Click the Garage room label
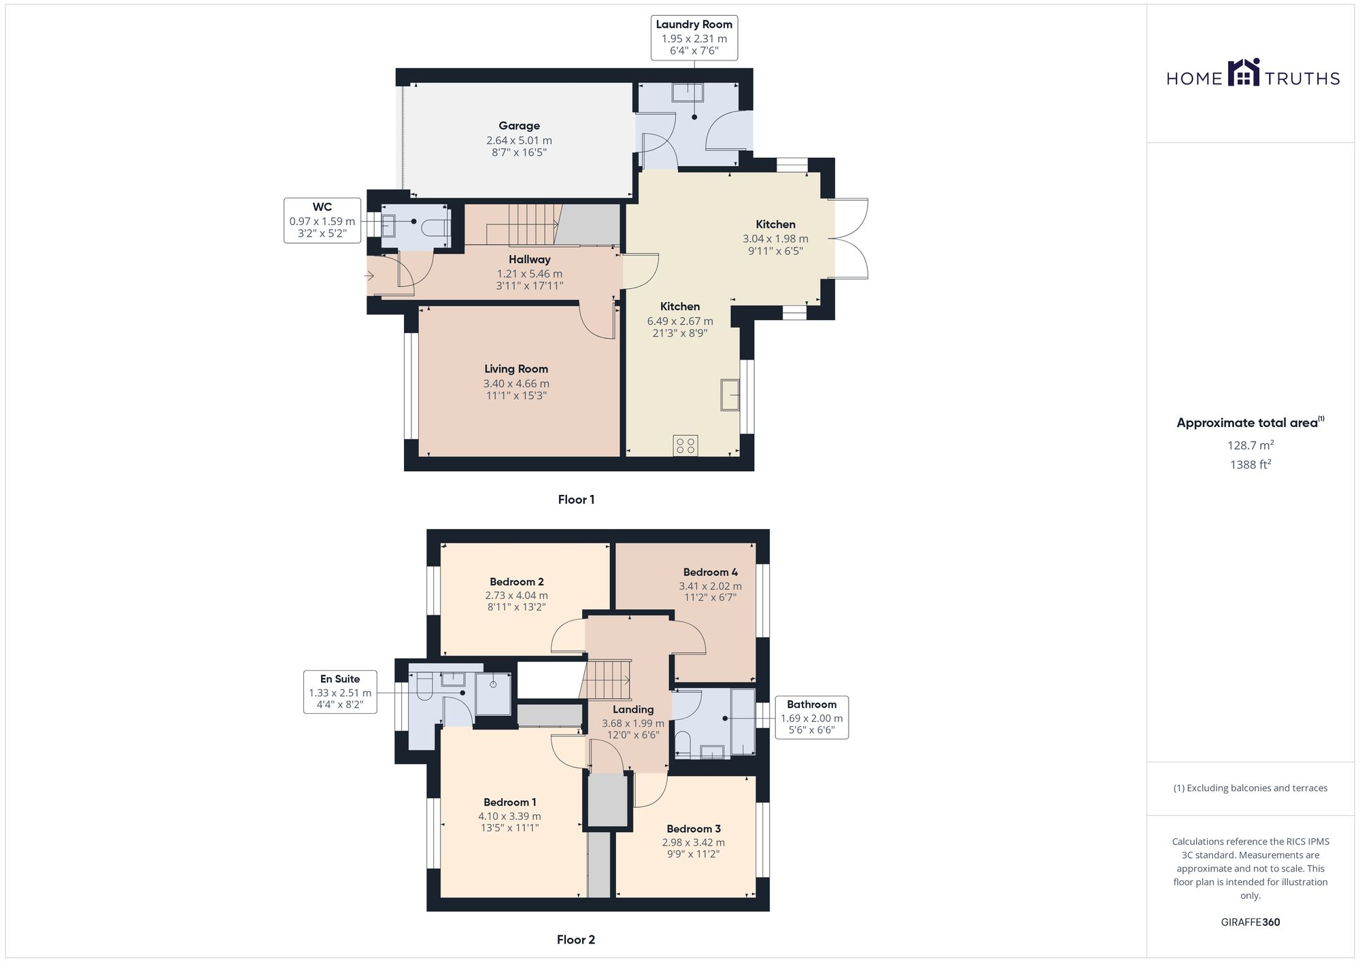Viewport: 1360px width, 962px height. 519,126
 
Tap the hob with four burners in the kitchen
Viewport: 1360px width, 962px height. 685,445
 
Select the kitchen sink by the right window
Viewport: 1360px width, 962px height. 730,395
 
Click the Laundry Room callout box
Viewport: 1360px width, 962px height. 694,38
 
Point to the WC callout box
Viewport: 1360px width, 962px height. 322,220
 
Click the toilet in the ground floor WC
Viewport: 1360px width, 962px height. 435,226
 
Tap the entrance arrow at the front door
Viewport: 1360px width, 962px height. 369,275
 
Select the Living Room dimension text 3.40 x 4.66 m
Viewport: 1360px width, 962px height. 516,383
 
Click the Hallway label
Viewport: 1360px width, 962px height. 529,259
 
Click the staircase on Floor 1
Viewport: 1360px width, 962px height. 532,224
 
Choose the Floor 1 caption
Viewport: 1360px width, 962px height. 576,500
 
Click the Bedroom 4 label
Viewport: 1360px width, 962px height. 710,572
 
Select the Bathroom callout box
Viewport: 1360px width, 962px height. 811,717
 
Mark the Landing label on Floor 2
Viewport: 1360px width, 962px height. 633,709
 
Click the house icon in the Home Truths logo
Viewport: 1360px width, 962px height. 1244,73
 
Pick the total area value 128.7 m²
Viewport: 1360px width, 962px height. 1250,445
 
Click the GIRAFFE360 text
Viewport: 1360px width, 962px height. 1250,922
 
